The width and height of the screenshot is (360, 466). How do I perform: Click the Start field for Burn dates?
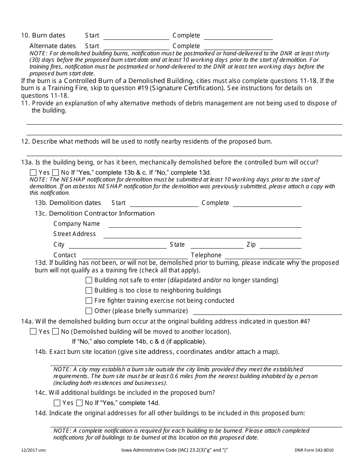click(136, 36)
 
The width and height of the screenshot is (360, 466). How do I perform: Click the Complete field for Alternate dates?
click(238, 46)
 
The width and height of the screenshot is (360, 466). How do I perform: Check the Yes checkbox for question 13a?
click(33, 172)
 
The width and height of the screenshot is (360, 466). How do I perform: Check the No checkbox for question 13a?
click(56, 172)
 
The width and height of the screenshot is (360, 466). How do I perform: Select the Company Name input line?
click(205, 224)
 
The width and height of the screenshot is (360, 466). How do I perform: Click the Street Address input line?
click(202, 234)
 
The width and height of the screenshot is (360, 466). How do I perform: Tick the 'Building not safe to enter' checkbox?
click(89, 280)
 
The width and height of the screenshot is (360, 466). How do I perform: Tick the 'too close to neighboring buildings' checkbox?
click(89, 291)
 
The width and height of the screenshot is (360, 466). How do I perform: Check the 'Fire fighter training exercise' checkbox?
click(89, 301)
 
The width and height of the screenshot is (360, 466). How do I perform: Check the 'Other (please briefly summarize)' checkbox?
click(89, 311)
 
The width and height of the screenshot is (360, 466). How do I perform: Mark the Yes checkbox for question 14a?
click(33, 332)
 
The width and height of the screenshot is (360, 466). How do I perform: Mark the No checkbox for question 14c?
click(80, 403)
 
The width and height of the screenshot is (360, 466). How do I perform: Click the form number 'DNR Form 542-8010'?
click(314, 450)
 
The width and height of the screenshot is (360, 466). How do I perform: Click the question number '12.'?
click(25, 142)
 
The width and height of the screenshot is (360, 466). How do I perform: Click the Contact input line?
click(135, 255)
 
